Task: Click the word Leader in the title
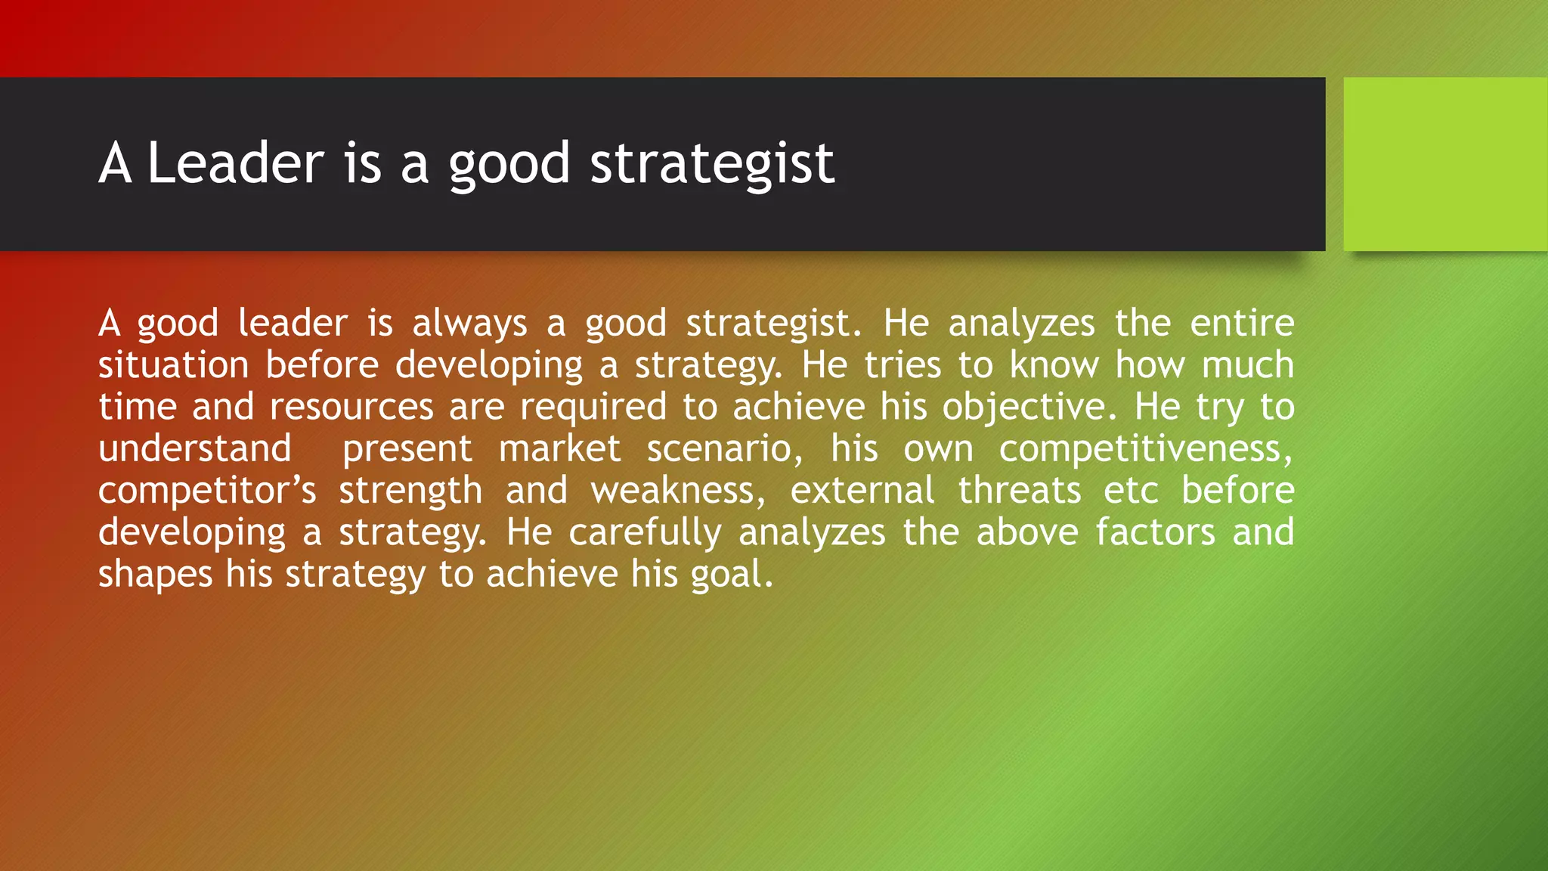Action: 236,163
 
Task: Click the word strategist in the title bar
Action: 712,164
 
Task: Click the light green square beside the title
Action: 1444,164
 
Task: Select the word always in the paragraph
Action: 469,324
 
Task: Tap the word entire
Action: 1242,324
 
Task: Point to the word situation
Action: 173,365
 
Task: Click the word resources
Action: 351,407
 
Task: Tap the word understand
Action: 195,448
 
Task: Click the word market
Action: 559,448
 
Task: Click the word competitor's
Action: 207,491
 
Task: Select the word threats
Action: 1020,491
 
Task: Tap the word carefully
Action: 645,533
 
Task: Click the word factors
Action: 1156,532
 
